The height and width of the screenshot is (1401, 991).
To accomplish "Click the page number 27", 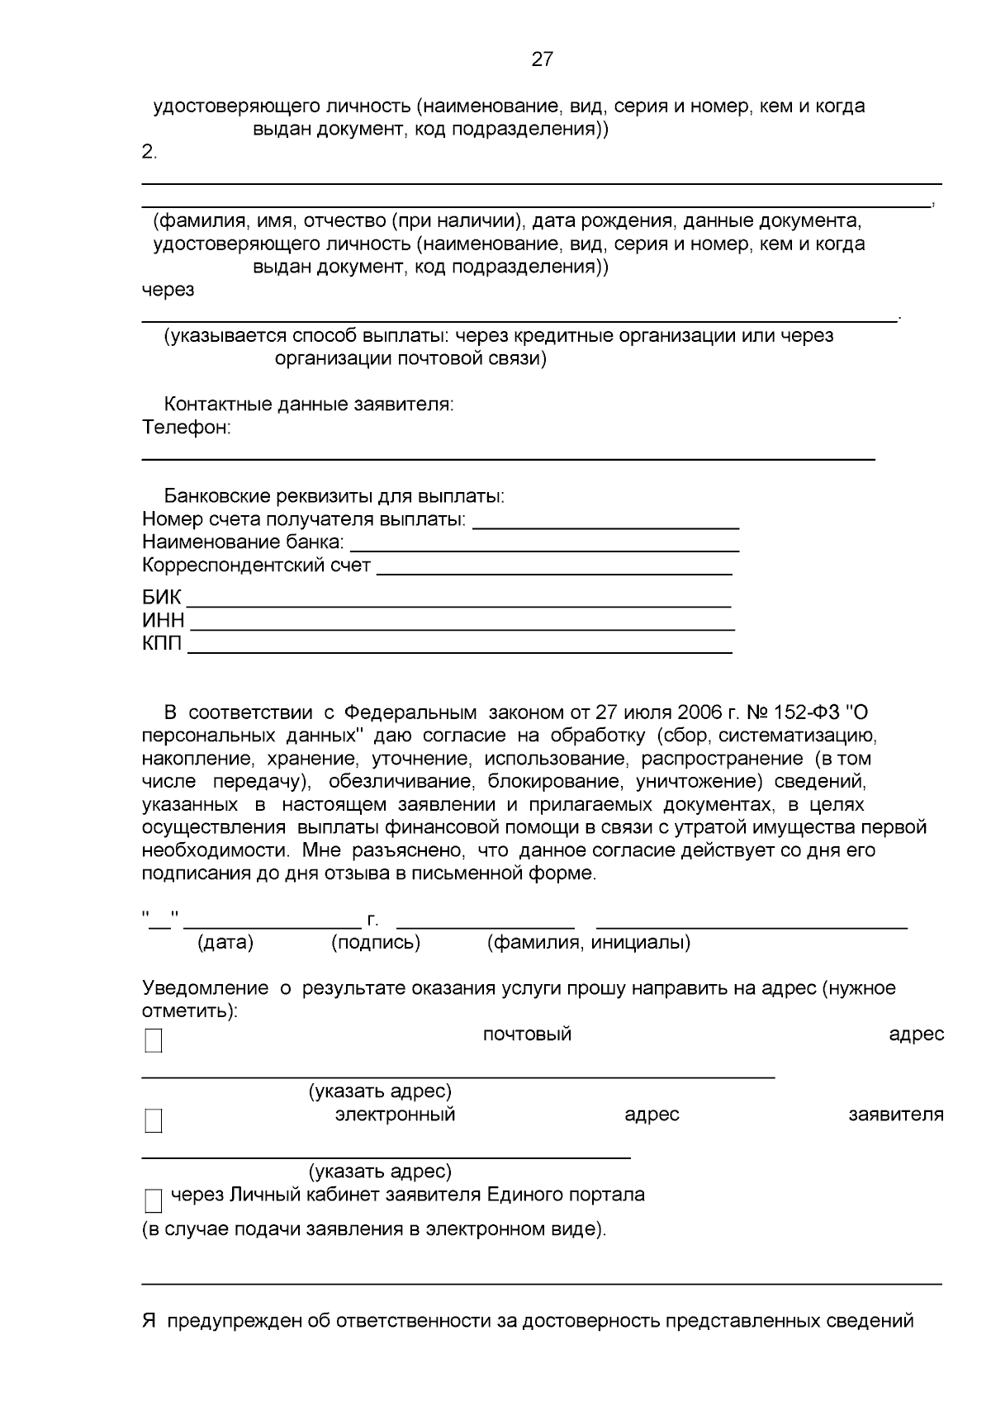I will (542, 59).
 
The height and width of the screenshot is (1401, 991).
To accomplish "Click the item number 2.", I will (149, 152).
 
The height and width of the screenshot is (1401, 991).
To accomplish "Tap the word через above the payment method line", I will (168, 290).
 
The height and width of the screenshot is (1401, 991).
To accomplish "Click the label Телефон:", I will (186, 428).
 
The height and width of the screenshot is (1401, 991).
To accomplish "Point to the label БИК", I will (161, 598).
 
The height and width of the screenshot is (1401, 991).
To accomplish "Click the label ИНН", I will (163, 621).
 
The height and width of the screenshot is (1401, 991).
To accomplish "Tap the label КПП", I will (162, 643).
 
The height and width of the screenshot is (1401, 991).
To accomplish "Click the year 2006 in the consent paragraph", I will (700, 712).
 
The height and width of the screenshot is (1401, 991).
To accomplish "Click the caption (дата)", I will (225, 943).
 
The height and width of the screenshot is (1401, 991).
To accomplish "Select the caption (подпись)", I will (376, 943).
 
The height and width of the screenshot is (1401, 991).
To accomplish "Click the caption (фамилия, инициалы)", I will (589, 943).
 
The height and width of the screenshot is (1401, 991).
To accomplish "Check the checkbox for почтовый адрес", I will (154, 1041).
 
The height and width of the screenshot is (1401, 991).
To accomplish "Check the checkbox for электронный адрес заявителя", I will (154, 1121).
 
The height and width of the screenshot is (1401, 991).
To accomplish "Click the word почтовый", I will (527, 1034).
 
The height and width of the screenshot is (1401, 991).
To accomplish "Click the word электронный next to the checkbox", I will (395, 1115).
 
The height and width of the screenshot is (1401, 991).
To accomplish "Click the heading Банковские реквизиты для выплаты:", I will (334, 497).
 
